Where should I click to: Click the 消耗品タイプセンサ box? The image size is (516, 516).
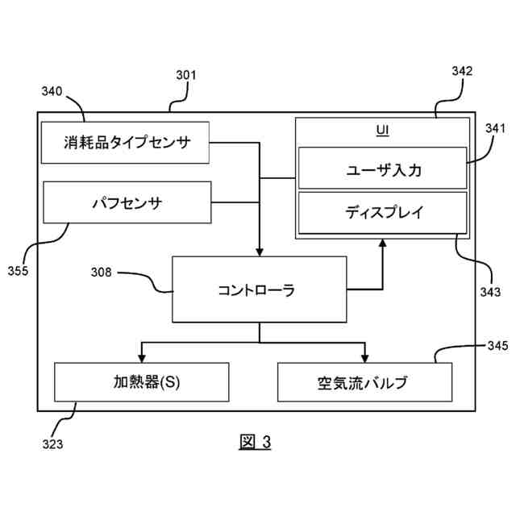pos(125,143)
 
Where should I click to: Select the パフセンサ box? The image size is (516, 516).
pos(127,202)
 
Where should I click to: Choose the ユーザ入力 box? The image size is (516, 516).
pos(382,169)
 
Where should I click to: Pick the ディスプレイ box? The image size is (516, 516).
pos(382,213)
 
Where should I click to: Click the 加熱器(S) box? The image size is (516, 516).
pos(141,381)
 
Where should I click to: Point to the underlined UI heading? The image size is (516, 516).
pos(383,129)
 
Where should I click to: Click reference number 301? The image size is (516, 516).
pos(186,76)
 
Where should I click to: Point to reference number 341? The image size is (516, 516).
pos(494,127)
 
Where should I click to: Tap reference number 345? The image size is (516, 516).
pos(497,346)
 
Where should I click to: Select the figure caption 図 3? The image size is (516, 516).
pos(256,441)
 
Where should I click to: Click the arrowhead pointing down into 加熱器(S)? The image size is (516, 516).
pos(142,357)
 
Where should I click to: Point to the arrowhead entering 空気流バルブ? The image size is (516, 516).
pos(364,357)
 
